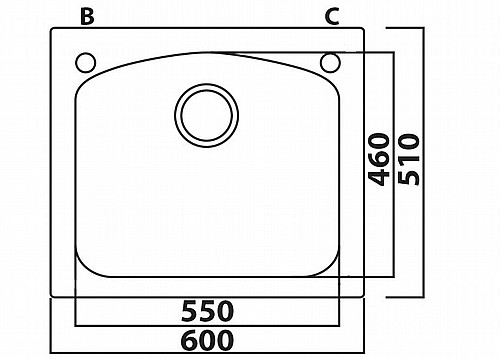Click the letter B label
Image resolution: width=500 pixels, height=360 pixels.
87,17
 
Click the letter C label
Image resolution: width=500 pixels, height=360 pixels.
332,17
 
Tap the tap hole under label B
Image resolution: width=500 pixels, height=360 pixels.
86,63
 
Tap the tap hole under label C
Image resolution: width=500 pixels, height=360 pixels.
330,63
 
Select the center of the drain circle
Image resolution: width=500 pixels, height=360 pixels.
207,115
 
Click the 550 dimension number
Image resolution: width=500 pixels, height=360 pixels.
207,311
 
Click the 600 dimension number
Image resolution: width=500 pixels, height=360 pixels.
207,340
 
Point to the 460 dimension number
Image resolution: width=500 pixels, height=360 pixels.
379,159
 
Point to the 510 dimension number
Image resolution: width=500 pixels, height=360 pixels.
409,159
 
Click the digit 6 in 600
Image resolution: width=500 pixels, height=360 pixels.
190,340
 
